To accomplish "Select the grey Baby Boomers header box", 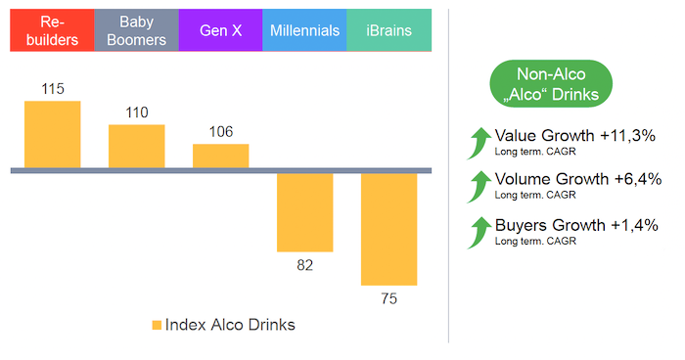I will point(137,30).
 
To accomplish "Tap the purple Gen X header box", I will point(220,30).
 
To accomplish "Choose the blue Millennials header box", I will point(304,30).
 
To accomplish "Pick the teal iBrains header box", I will point(388,30).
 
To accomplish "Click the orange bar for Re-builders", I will point(53,135).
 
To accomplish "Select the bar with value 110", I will point(137,147).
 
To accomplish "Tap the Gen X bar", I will point(220,157).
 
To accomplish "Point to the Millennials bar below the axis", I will point(304,212).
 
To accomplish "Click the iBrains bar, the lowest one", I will point(388,229).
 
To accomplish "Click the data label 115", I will point(53,90).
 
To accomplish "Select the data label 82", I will point(304,265).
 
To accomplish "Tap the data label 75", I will point(389,298).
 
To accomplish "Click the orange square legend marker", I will point(157,325).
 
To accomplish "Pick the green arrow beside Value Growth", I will point(479,143).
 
